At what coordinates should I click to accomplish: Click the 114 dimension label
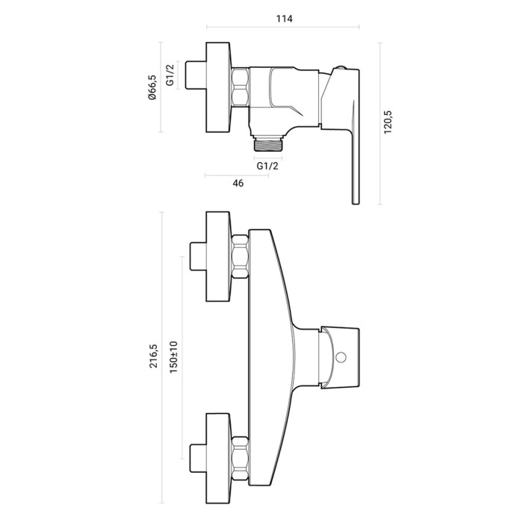point(284,19)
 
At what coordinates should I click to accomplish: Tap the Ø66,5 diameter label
point(152,87)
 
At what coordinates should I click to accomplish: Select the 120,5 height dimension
point(388,123)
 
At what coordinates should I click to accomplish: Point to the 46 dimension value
point(238,183)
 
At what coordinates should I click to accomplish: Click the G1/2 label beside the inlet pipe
point(170,75)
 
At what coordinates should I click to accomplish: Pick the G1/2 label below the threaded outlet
point(267,166)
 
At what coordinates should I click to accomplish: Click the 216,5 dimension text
point(153,356)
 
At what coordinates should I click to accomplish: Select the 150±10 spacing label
point(173,357)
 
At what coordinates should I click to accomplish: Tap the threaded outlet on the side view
point(267,143)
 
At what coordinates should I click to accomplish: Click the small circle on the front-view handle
point(341,358)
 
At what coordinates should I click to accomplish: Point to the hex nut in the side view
point(240,87)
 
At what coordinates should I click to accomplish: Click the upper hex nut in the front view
point(240,256)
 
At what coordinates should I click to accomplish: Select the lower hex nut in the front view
point(240,458)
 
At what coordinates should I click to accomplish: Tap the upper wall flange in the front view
point(218,256)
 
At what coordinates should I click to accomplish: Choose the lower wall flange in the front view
point(218,458)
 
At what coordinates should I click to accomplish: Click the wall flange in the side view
point(218,87)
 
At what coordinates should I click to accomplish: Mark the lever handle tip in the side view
point(356,202)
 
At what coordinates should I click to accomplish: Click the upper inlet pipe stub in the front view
point(198,256)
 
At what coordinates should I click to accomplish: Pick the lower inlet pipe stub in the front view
point(198,458)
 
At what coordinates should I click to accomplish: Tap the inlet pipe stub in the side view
point(196,75)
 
